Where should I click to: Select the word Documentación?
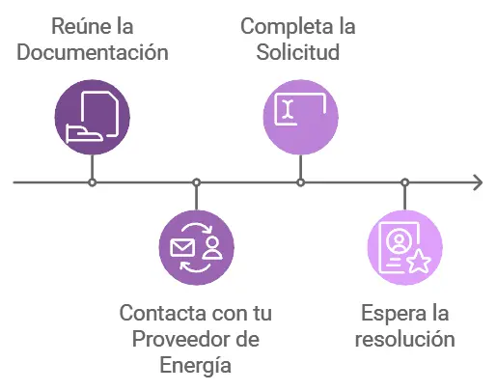pyautogui.click(x=93, y=52)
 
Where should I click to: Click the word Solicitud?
pyautogui.click(x=298, y=52)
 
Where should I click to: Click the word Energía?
pyautogui.click(x=196, y=365)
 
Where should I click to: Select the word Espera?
pyautogui.click(x=386, y=314)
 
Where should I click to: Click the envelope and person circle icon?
pyautogui.click(x=196, y=247)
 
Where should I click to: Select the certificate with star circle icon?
pyautogui.click(x=405, y=247)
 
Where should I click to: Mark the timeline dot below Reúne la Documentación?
pyautogui.click(x=92, y=182)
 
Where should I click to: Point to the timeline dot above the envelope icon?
pyautogui.click(x=196, y=182)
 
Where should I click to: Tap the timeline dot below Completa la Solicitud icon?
pyautogui.click(x=301, y=182)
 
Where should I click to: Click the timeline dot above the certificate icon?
pyautogui.click(x=405, y=182)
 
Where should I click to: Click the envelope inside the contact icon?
pyautogui.click(x=182, y=247)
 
